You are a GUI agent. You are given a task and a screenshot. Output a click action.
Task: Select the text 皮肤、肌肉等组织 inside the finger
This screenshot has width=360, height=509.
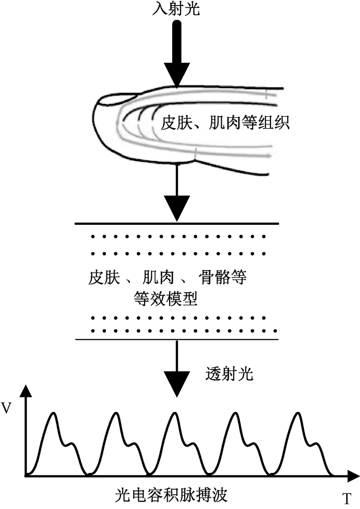pos(225,123)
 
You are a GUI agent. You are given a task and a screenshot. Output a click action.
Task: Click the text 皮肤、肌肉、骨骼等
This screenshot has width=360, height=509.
pos(168,279)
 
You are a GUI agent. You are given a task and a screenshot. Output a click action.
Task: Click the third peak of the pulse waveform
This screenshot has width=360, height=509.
pos(174,414)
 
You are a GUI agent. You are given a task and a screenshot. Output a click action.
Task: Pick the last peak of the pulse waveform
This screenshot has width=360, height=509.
pos(297,414)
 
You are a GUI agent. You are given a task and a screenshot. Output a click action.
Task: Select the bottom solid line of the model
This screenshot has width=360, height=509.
pos(176,340)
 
